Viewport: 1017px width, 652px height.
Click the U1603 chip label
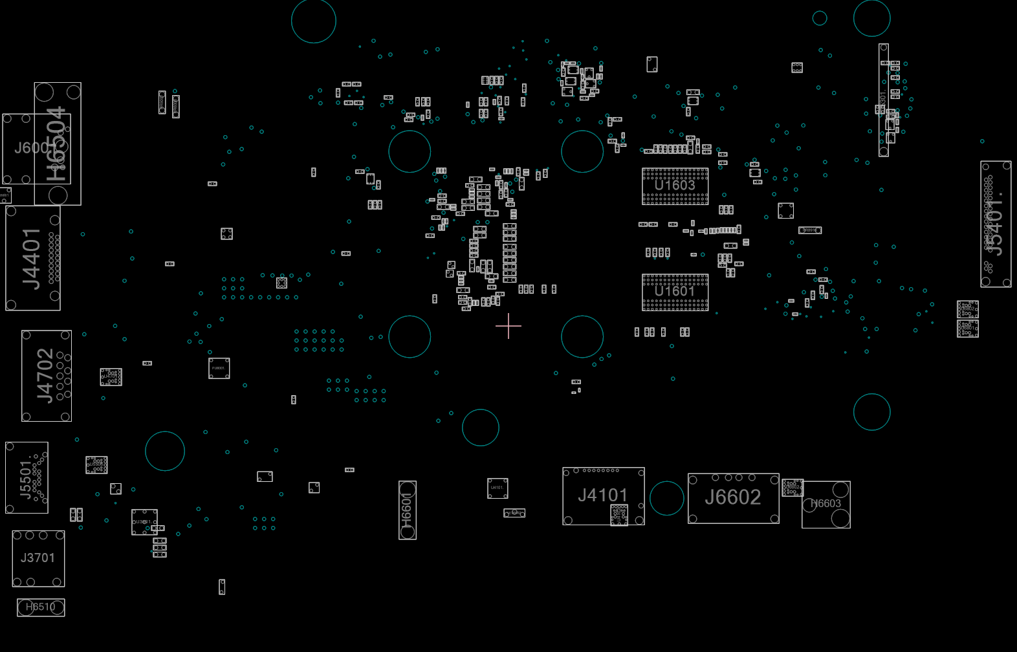(x=675, y=186)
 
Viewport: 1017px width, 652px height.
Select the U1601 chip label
(x=675, y=292)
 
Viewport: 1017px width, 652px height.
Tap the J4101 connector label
(x=603, y=495)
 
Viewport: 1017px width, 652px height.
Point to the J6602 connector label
(x=733, y=497)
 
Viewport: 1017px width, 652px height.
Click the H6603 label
(x=826, y=504)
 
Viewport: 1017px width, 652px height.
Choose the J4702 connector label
(x=45, y=375)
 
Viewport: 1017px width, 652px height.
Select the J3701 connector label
(x=38, y=558)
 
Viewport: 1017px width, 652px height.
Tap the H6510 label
(x=40, y=607)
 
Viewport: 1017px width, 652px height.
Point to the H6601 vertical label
(x=407, y=510)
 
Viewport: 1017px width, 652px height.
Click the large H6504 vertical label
(x=57, y=144)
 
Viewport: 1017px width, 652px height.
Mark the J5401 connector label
(x=995, y=224)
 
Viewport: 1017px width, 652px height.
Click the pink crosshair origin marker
(x=508, y=326)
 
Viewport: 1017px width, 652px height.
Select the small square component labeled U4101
(x=498, y=488)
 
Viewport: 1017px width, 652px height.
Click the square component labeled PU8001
(x=219, y=368)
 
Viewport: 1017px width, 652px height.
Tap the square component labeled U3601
(x=144, y=521)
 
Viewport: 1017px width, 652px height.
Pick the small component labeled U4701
(x=111, y=376)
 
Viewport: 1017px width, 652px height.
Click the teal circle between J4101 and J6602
(x=666, y=498)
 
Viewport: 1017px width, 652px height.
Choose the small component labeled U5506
(x=96, y=464)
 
